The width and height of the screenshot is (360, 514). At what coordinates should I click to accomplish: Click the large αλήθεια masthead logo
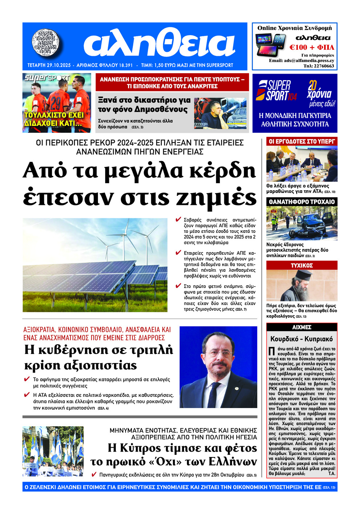pyautogui.click(x=160, y=44)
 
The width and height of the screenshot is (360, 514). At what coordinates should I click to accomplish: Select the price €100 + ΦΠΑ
pyautogui.click(x=312, y=47)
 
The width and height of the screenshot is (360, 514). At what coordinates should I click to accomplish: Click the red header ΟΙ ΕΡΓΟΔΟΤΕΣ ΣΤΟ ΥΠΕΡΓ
pyautogui.click(x=302, y=141)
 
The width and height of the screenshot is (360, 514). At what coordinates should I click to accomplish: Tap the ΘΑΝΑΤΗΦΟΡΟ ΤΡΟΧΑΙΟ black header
pyautogui.click(x=302, y=202)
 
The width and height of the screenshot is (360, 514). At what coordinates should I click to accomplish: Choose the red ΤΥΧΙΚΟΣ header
pyautogui.click(x=302, y=266)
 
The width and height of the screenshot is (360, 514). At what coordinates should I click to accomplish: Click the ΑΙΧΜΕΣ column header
pyautogui.click(x=302, y=327)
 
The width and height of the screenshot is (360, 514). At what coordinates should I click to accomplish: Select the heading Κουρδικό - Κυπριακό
pyautogui.click(x=302, y=339)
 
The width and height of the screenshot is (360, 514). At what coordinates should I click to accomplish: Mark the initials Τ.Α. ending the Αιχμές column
pyautogui.click(x=332, y=474)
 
